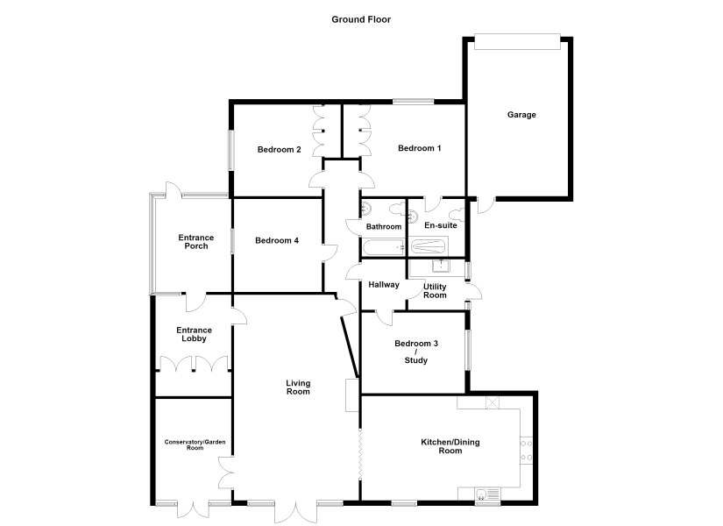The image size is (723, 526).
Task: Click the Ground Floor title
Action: pyautogui.click(x=361, y=19)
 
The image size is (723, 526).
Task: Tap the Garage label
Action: pyautogui.click(x=521, y=115)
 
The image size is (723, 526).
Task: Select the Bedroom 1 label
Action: pyautogui.click(x=419, y=148)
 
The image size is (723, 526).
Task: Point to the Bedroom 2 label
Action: pyautogui.click(x=279, y=150)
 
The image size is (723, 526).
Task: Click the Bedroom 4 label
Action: pyautogui.click(x=277, y=240)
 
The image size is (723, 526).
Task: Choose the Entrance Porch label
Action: pyautogui.click(x=196, y=242)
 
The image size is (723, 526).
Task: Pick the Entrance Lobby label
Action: pyautogui.click(x=195, y=334)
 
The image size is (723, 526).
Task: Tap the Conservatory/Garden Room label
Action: pyautogui.click(x=195, y=444)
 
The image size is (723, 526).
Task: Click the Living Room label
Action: pyautogui.click(x=298, y=387)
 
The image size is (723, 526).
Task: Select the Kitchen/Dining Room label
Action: pyautogui.click(x=450, y=446)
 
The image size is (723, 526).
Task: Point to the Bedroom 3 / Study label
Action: pyautogui.click(x=416, y=352)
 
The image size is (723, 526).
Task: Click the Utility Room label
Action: pyautogui.click(x=435, y=291)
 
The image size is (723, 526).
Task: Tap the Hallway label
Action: pyautogui.click(x=384, y=285)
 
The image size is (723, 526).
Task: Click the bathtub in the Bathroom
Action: pyautogui.click(x=384, y=248)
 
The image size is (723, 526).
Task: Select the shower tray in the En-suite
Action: pyautogui.click(x=429, y=247)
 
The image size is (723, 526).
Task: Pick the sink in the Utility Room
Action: pyautogui.click(x=441, y=267)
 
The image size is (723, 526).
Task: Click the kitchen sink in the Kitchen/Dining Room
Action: pyautogui.click(x=487, y=494)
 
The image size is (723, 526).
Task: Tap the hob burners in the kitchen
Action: pyautogui.click(x=526, y=451)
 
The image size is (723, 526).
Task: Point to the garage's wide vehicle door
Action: pyautogui.click(x=517, y=41)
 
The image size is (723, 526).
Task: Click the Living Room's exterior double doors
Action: pyautogui.click(x=295, y=512)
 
